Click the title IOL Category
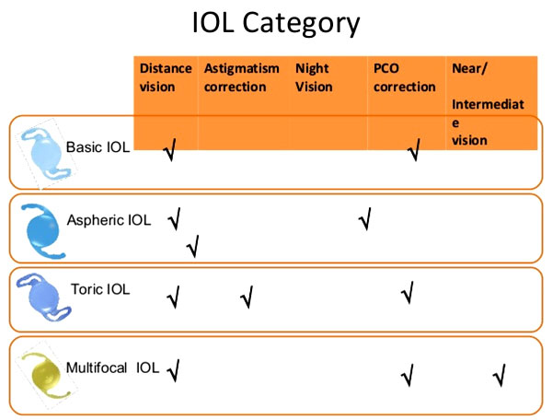pyautogui.click(x=276, y=23)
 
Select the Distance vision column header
pyautogui.click(x=166, y=77)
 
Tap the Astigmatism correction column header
pyautogui.click(x=241, y=77)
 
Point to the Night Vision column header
pyautogui.click(x=314, y=77)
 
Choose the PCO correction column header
pyautogui.click(x=405, y=77)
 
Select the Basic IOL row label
pyautogui.click(x=98, y=147)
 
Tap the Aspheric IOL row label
pyautogui.click(x=109, y=220)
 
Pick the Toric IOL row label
pyautogui.click(x=100, y=289)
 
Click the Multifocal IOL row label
pyautogui.click(x=112, y=367)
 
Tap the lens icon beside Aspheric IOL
pyautogui.click(x=43, y=231)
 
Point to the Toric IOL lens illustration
pyautogui.click(x=43, y=297)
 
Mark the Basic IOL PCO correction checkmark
pyautogui.click(x=414, y=149)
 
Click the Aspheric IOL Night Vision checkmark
pyautogui.click(x=365, y=218)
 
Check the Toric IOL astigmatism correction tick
pyautogui.click(x=247, y=297)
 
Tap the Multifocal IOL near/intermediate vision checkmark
pyautogui.click(x=500, y=375)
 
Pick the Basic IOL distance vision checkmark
pyautogui.click(x=169, y=149)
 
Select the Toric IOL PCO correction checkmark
pyautogui.click(x=408, y=293)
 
